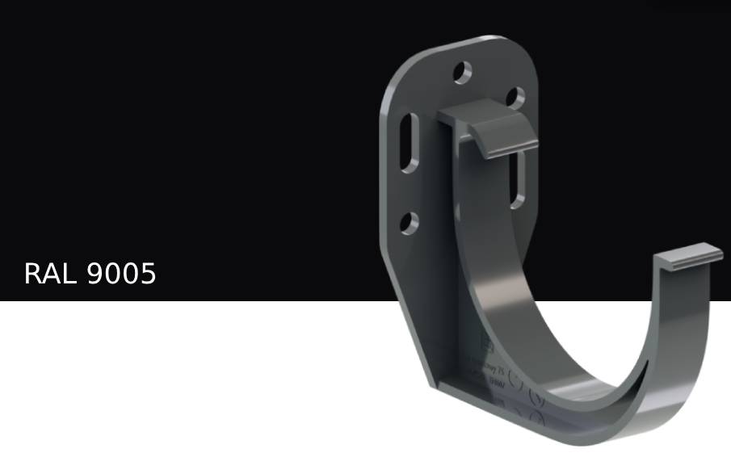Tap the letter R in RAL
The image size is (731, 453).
coord(33,275)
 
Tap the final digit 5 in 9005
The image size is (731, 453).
coord(147,275)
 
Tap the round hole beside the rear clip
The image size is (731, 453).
coord(515,97)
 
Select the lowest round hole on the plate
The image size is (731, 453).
coord(410,222)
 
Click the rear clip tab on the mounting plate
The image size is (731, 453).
coord(493,129)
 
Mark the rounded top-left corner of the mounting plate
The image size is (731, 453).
coord(396,77)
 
